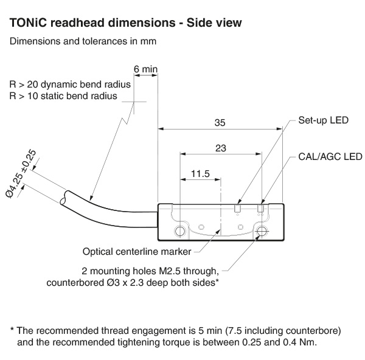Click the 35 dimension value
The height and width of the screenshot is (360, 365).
click(220, 123)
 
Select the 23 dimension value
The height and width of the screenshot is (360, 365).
click(220, 148)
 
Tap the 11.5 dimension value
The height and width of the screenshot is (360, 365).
click(200, 174)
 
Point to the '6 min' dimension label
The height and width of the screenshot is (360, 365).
click(145, 69)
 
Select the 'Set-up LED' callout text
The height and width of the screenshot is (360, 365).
click(323, 120)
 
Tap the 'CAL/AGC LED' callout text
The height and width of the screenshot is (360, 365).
click(330, 156)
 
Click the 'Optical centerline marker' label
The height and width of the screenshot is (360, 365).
click(137, 251)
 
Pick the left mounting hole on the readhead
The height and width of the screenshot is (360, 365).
click(181, 231)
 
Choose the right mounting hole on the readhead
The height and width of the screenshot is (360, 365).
click(262, 231)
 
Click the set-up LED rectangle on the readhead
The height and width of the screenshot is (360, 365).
click(238, 208)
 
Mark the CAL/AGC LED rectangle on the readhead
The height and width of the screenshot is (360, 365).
click(261, 208)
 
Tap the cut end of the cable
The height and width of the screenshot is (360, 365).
click(65, 198)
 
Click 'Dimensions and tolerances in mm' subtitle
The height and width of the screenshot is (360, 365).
click(83, 42)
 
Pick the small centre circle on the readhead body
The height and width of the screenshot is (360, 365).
click(241, 227)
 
